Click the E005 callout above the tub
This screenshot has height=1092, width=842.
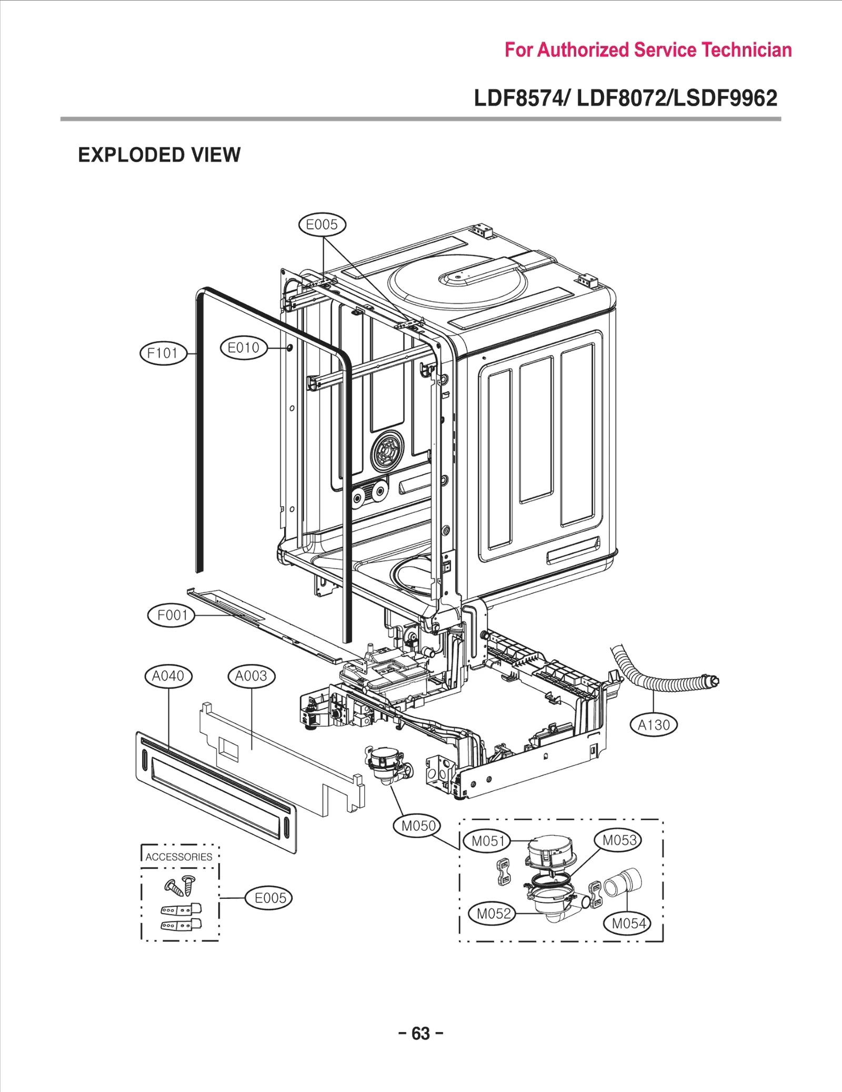(x=322, y=225)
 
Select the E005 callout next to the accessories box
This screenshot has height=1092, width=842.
(x=269, y=898)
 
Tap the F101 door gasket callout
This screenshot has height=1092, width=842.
(x=163, y=353)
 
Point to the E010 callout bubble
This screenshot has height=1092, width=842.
(x=243, y=348)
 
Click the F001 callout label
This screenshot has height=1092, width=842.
(x=172, y=615)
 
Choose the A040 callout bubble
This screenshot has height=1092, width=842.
(x=168, y=676)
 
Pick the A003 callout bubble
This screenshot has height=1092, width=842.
(x=251, y=676)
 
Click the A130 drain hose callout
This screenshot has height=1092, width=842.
(x=654, y=725)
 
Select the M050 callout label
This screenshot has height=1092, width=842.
(x=418, y=826)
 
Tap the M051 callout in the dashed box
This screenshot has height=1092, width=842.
(x=488, y=841)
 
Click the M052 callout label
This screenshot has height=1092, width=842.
(x=493, y=914)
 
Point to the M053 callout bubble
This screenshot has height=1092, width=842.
(x=619, y=840)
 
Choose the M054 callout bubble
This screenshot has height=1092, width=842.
(x=628, y=923)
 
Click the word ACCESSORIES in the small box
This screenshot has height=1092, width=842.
(x=179, y=857)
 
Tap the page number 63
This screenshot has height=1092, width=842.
(x=420, y=1033)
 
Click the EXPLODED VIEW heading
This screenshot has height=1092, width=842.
(x=159, y=155)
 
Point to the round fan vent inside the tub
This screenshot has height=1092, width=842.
(x=387, y=451)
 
